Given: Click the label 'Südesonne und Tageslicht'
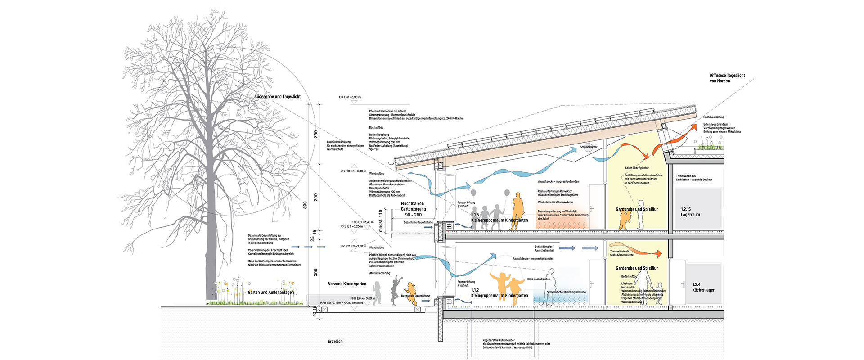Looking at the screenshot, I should pos(277,97).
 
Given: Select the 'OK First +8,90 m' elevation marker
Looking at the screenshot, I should pos(350,97).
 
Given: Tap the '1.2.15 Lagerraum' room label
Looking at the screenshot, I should pos(690,212).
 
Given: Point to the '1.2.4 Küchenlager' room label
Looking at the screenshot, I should pos(703,287).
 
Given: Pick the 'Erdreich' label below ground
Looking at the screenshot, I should pos(335,342).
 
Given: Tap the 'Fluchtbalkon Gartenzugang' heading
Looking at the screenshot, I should pos(412,206).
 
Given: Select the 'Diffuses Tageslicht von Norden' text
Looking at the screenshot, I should pos(727,78).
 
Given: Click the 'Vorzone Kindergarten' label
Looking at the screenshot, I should pos(347,284).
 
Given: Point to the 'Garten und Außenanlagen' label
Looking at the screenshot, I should pos(270,292).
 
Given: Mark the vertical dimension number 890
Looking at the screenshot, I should pos(305,205).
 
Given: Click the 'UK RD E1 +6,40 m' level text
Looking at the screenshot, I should pos(353,171).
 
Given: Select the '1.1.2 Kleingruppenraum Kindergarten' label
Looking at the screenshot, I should pos(499,293).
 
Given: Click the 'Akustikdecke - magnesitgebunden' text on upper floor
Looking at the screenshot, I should pos(558,182).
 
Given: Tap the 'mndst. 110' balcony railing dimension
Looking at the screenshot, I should pos(381,221).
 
